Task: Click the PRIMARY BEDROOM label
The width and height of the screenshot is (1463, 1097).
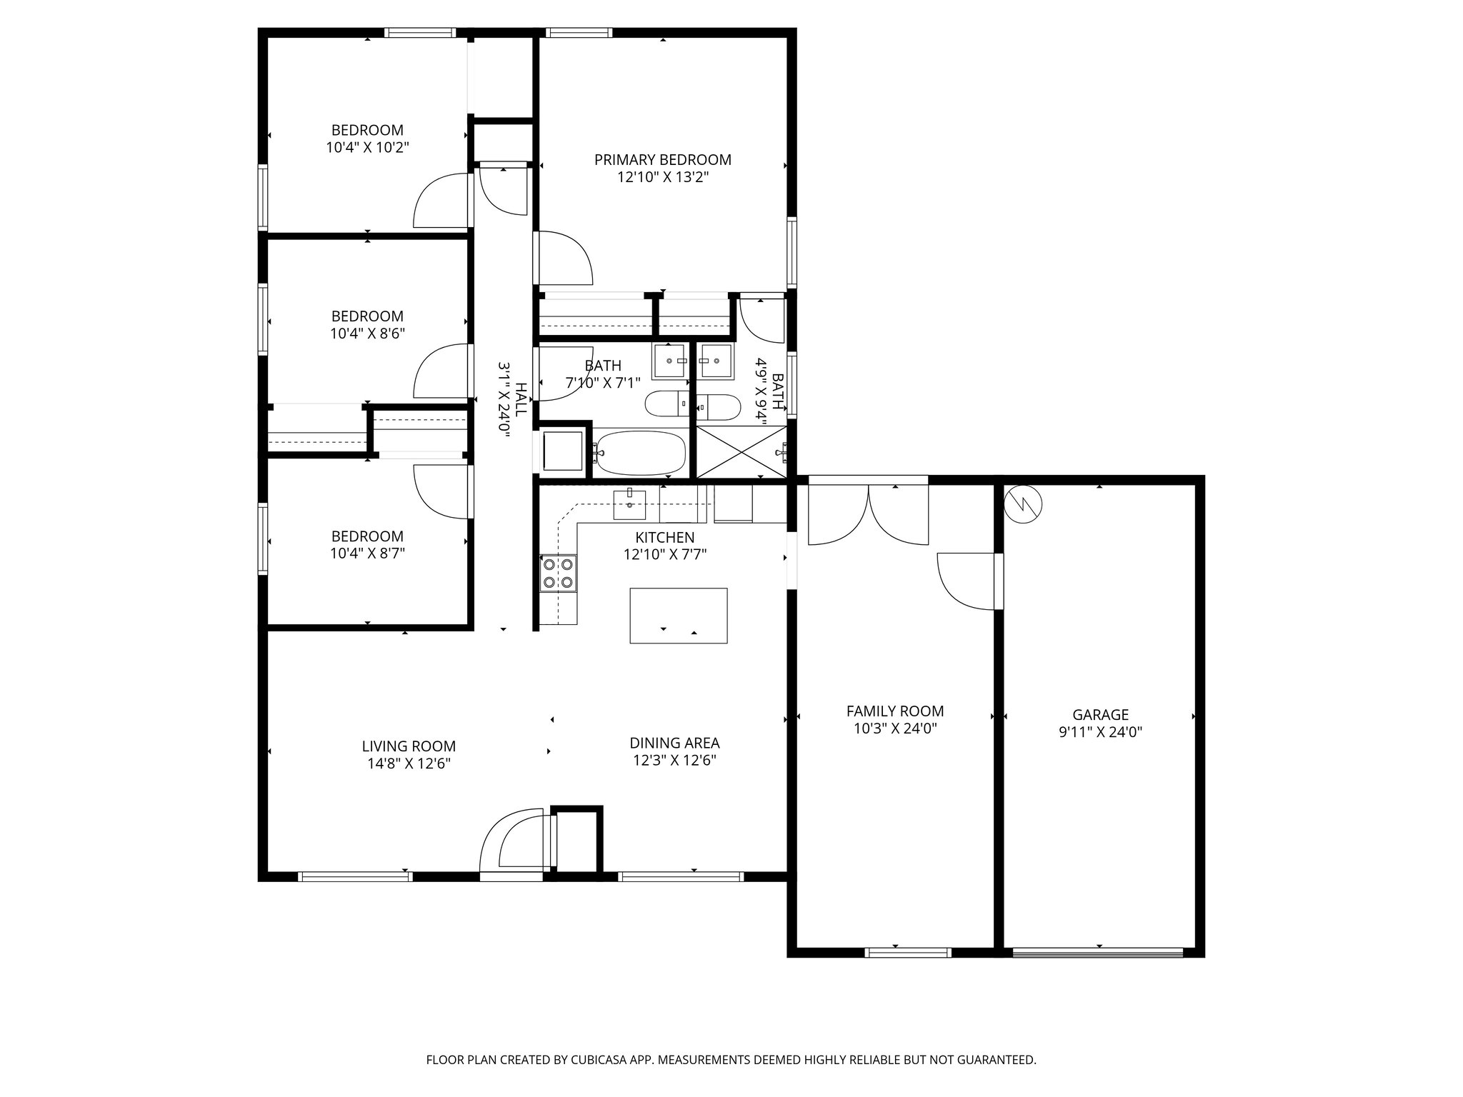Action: click(662, 160)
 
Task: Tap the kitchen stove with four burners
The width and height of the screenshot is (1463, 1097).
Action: click(558, 573)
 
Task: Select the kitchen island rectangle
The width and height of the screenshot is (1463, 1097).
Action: click(678, 615)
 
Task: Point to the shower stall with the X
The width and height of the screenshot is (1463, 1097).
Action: click(741, 452)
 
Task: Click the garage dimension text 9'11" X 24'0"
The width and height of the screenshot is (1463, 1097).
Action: click(1100, 732)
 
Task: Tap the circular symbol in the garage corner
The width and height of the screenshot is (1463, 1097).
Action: click(1023, 504)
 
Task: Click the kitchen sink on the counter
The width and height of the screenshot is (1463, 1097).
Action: click(629, 504)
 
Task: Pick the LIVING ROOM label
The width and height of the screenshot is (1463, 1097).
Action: click(409, 746)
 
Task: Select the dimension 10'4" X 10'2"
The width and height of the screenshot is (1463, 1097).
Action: click(367, 148)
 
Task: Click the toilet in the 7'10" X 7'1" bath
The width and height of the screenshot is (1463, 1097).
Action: click(666, 404)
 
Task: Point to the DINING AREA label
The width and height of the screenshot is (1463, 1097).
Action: click(674, 743)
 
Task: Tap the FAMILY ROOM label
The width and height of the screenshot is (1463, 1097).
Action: click(894, 711)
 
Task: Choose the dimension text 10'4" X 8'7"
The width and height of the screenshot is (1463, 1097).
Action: click(367, 553)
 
